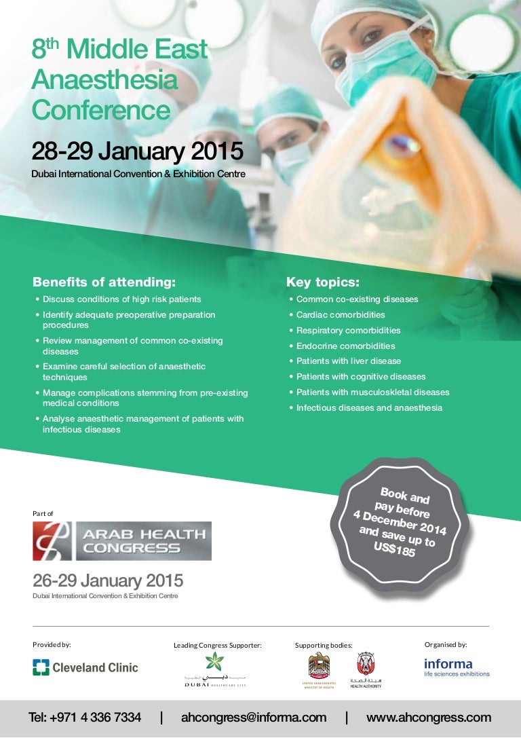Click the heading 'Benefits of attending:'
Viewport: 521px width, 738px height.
(x=104, y=282)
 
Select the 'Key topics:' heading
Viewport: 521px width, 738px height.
(x=323, y=282)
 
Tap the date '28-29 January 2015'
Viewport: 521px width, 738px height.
(x=136, y=150)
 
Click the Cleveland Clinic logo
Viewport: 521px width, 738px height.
(x=85, y=667)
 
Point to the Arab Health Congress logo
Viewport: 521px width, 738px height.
(x=122, y=541)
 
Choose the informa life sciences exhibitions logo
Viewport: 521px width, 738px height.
(x=457, y=667)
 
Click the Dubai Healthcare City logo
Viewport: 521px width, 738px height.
(x=215, y=669)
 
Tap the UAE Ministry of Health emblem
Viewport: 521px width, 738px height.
(x=319, y=669)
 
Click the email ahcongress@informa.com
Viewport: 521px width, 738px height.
(x=254, y=718)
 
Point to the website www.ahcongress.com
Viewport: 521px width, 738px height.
(x=428, y=718)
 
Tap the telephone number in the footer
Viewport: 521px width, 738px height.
(x=85, y=718)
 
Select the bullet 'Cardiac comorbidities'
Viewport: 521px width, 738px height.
(x=340, y=315)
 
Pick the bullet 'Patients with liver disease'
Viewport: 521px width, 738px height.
(x=348, y=361)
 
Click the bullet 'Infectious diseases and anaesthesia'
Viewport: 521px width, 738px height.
(x=368, y=408)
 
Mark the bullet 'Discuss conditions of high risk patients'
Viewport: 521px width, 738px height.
(x=121, y=299)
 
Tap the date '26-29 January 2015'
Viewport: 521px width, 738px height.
(x=108, y=581)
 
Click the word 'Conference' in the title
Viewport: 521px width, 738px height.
(x=100, y=110)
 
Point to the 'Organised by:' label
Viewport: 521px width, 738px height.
(x=446, y=644)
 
